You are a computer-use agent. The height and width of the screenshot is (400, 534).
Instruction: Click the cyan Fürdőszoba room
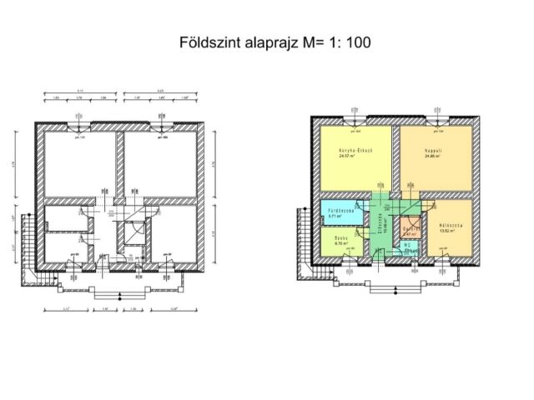342,212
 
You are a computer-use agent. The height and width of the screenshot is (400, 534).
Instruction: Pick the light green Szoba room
339,241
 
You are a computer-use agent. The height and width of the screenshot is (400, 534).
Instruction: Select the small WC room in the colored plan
409,247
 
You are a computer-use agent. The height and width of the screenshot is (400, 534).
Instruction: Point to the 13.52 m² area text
451,231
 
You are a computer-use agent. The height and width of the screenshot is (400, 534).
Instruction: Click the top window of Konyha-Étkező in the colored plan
356,122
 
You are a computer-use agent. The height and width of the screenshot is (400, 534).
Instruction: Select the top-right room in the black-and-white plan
159,162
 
